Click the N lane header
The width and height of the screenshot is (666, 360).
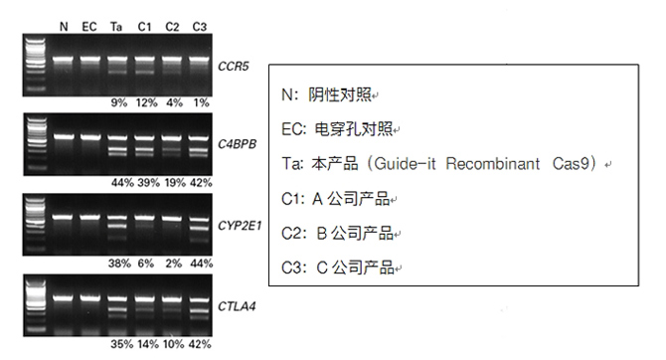[64, 25]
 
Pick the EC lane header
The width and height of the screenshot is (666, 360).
[90, 25]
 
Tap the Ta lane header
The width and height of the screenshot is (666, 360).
[117, 25]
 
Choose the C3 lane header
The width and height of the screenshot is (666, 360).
[199, 25]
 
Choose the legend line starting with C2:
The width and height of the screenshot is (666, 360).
[337, 234]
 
